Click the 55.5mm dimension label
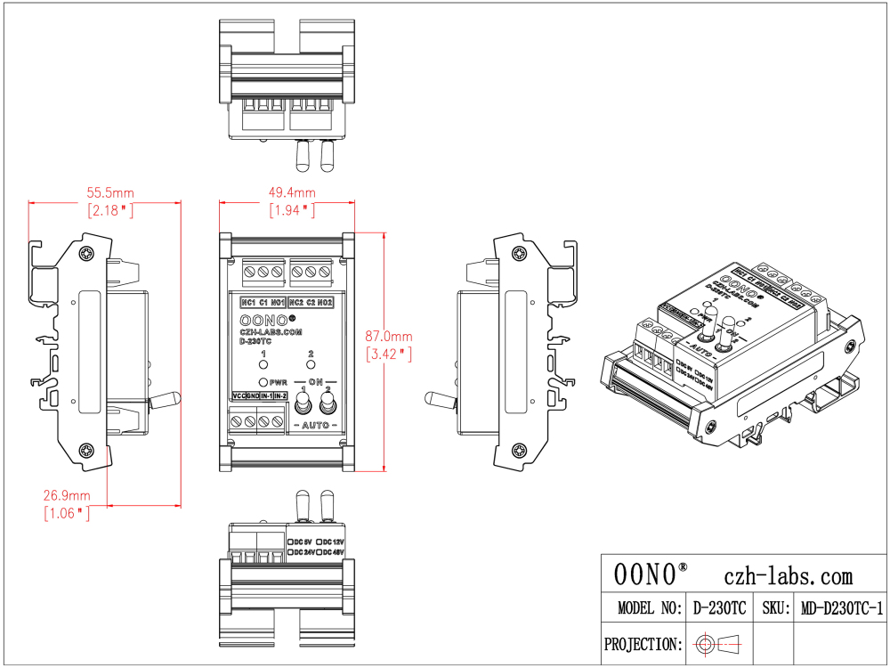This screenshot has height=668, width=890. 110,192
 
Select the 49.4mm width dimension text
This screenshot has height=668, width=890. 293,192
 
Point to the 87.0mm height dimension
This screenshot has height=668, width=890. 389,337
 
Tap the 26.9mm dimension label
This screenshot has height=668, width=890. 67,495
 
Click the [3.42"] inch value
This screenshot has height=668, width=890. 389,354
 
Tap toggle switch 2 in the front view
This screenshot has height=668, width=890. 328,405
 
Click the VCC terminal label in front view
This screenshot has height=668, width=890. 239,395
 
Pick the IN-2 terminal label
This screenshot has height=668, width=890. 279,395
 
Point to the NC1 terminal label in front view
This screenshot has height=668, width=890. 248,302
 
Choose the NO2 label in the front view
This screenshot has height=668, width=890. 325,302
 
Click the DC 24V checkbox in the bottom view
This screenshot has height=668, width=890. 291,552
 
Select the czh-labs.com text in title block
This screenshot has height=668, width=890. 789,575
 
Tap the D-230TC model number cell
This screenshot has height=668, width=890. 719,609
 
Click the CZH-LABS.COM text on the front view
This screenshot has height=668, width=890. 271,331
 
